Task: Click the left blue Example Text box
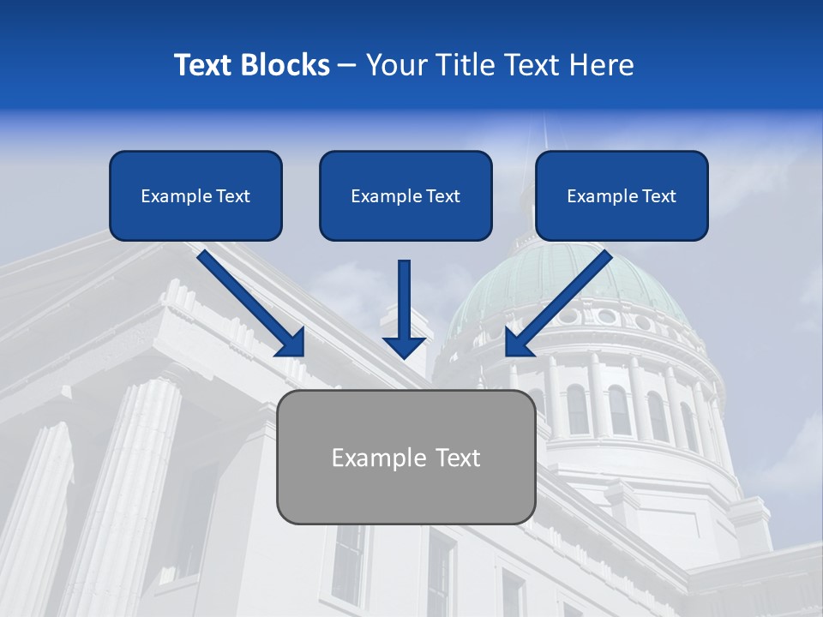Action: click(195, 195)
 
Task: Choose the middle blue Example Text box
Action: click(405, 195)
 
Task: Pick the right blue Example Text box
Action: click(622, 195)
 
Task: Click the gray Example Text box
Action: click(405, 457)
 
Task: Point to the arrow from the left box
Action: click(249, 302)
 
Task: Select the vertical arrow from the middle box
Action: click(404, 304)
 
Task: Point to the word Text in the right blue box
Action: click(659, 195)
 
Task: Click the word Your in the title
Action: click(397, 65)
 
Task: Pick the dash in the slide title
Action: click(347, 65)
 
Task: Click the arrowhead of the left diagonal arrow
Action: click(291, 343)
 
